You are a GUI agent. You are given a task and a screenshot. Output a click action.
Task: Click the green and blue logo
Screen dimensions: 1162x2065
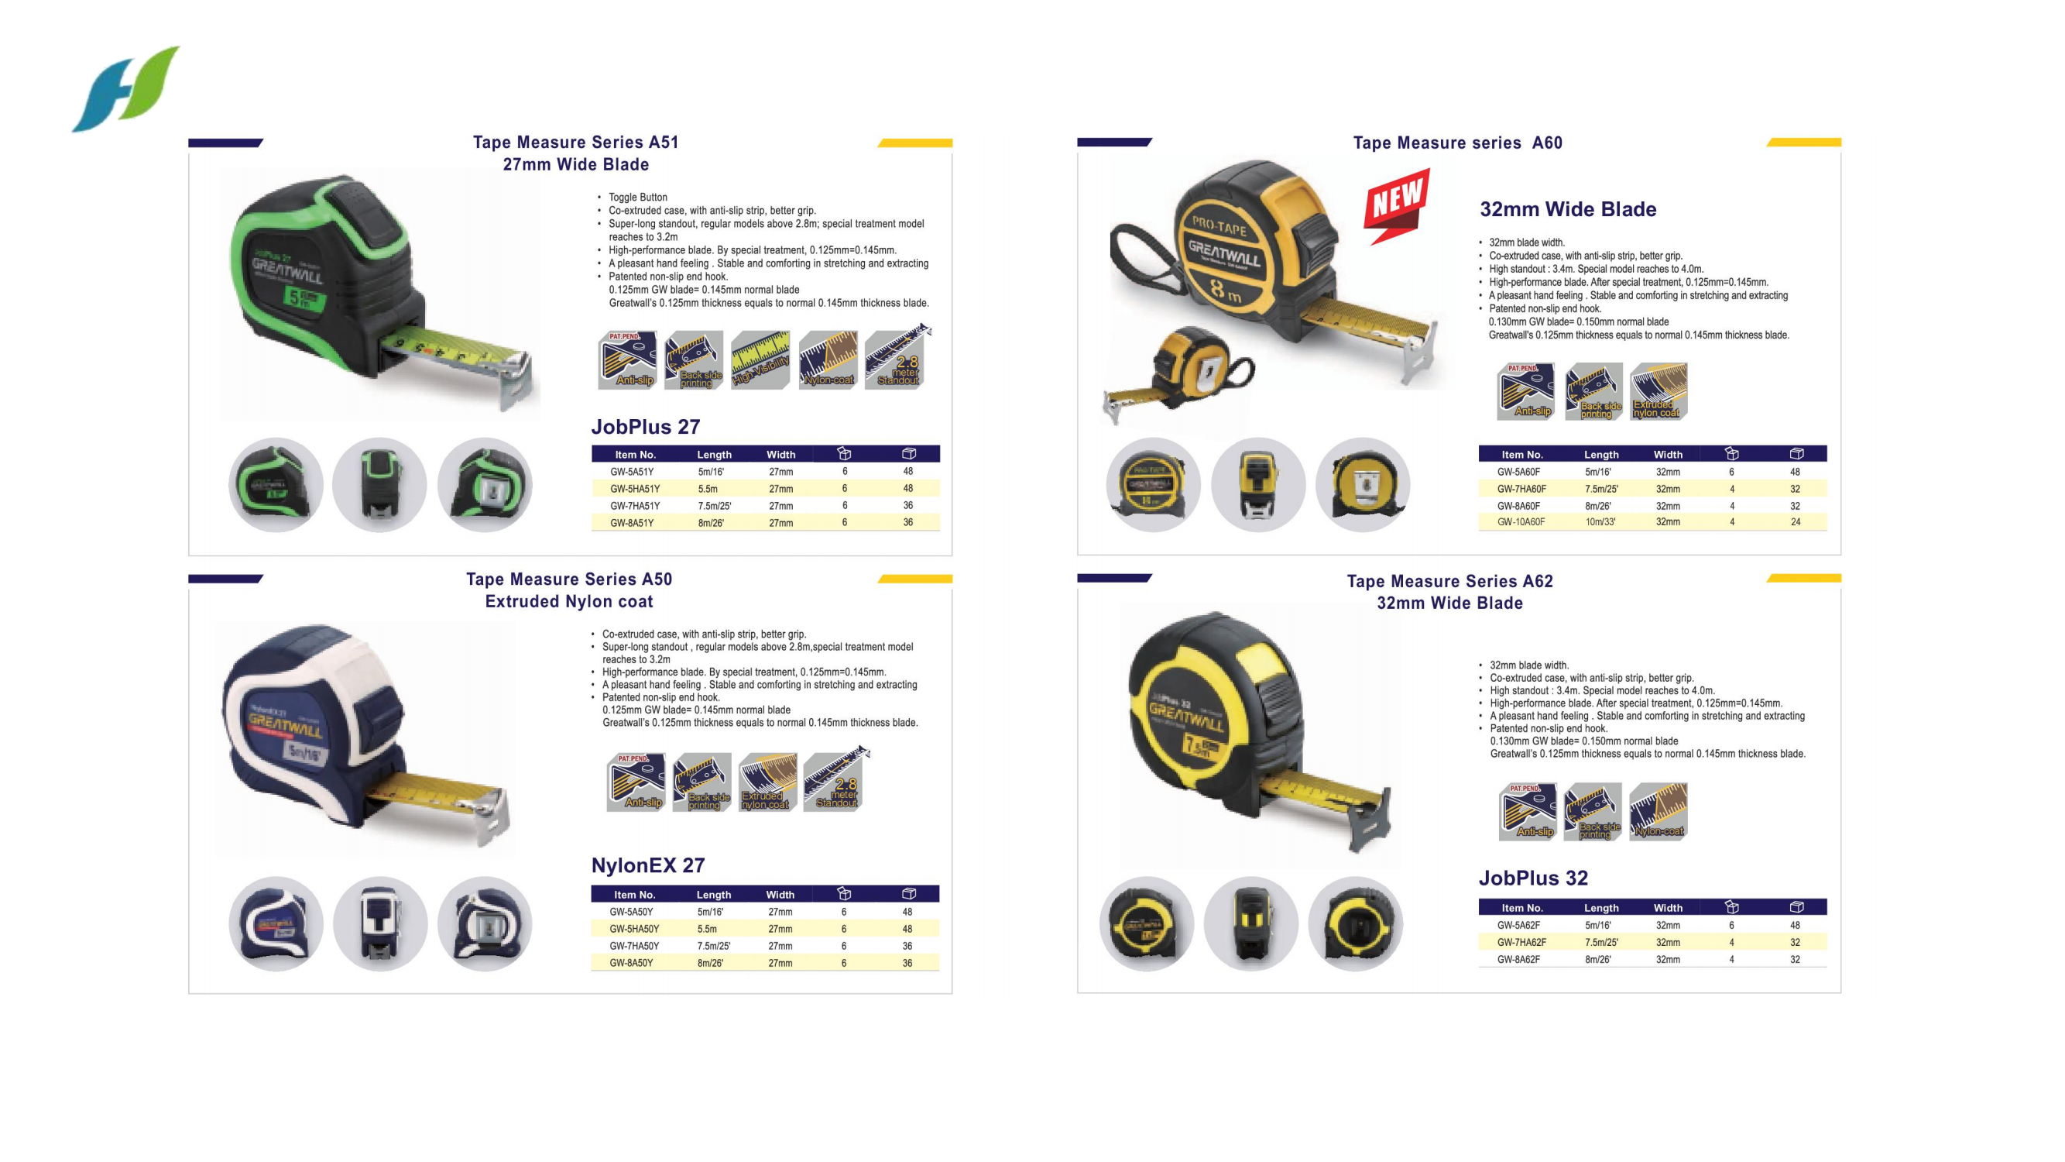coord(126,88)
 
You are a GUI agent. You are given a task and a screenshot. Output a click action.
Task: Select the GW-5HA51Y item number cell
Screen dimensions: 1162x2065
coord(634,488)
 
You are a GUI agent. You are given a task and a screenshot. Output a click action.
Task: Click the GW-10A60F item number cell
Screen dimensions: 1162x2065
coord(1520,522)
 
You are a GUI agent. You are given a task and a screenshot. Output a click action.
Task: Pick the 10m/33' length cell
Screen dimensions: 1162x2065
coord(1600,522)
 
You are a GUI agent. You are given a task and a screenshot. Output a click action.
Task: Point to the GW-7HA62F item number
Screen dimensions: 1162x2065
coord(1521,942)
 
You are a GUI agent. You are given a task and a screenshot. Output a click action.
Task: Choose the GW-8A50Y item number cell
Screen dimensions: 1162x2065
coord(631,963)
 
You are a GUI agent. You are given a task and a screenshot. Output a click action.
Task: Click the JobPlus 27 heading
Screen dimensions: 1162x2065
coord(645,427)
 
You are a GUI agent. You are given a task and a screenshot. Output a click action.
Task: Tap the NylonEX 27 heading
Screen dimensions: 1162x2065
coord(648,865)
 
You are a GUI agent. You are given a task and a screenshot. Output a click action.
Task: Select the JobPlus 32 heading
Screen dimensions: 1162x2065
coord(1533,878)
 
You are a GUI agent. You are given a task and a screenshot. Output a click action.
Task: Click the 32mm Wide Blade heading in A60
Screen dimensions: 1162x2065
coord(1567,209)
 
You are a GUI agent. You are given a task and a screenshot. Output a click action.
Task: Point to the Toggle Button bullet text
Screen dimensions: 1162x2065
coord(637,198)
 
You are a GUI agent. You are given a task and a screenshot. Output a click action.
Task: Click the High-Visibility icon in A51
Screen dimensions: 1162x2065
coord(760,360)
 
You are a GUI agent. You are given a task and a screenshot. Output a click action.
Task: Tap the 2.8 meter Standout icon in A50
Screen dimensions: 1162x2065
coord(835,781)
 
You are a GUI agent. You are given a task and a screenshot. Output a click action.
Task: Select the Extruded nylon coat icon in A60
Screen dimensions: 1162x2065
coord(1658,391)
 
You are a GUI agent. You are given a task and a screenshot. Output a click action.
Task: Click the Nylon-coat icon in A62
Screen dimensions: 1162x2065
coord(1658,812)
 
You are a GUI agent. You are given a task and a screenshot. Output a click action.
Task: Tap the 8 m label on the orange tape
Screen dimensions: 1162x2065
coord(1224,290)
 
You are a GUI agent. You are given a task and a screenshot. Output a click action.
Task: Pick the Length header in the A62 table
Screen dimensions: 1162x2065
coord(1601,908)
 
